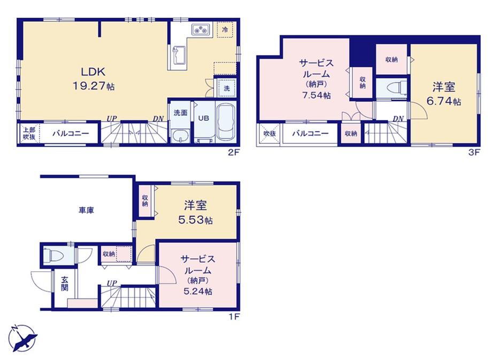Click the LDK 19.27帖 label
click(94, 79)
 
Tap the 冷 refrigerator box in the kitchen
click(225, 29)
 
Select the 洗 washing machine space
click(226, 88)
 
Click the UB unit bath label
click(203, 118)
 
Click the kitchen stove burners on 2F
click(201, 29)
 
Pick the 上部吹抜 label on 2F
click(29, 133)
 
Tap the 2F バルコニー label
click(71, 133)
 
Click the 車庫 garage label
click(86, 210)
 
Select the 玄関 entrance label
click(64, 284)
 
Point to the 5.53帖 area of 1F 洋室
click(195, 220)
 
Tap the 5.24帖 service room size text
click(198, 292)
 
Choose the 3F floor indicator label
click(474, 152)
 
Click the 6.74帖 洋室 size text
click(443, 101)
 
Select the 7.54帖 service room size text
click(316, 95)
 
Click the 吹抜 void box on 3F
click(269, 133)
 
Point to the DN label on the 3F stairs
click(398, 119)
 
